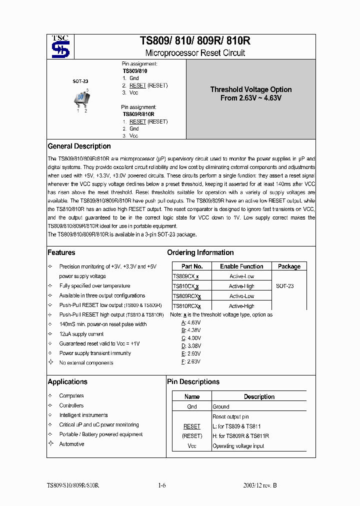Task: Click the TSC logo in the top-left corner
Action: [x=64, y=47]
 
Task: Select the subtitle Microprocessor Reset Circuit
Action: [x=194, y=53]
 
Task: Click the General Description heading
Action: [x=79, y=146]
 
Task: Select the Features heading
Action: [x=61, y=252]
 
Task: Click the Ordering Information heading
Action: [x=200, y=252]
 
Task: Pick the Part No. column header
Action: [x=192, y=266]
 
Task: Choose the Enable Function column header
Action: [x=241, y=266]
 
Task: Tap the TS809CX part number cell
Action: [x=185, y=276]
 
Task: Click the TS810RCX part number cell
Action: [x=186, y=305]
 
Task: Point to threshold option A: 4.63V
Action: [x=191, y=322]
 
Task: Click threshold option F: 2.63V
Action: [x=191, y=361]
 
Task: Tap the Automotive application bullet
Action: [x=71, y=444]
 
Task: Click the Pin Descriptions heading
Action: [x=193, y=381]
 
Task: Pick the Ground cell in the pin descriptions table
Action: [x=220, y=406]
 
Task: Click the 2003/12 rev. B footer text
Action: [x=260, y=485]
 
